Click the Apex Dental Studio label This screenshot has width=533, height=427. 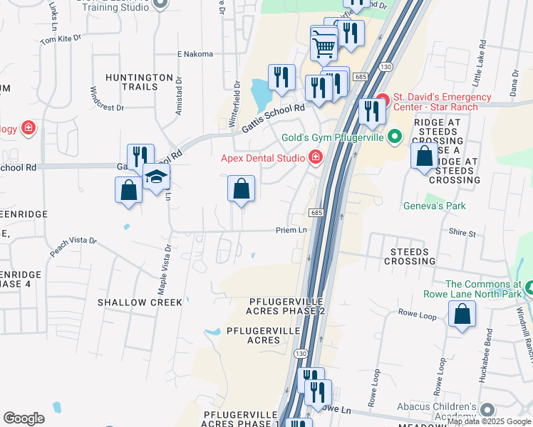pos(262,158)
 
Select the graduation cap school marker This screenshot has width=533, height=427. pos(156,177)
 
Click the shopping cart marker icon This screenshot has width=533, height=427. pos(324,47)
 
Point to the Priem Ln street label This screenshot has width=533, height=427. pos(291,230)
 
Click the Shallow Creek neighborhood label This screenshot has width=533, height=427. pos(140,302)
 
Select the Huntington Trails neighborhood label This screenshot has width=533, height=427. pos(139,81)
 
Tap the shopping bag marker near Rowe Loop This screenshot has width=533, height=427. pos(462,314)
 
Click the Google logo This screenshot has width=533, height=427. pos(24,418)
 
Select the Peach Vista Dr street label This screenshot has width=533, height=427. pos(73,247)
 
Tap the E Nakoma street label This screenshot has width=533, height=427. pos(195,54)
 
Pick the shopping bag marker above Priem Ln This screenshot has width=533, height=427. pos(242,189)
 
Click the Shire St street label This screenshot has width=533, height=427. pos(462,233)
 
